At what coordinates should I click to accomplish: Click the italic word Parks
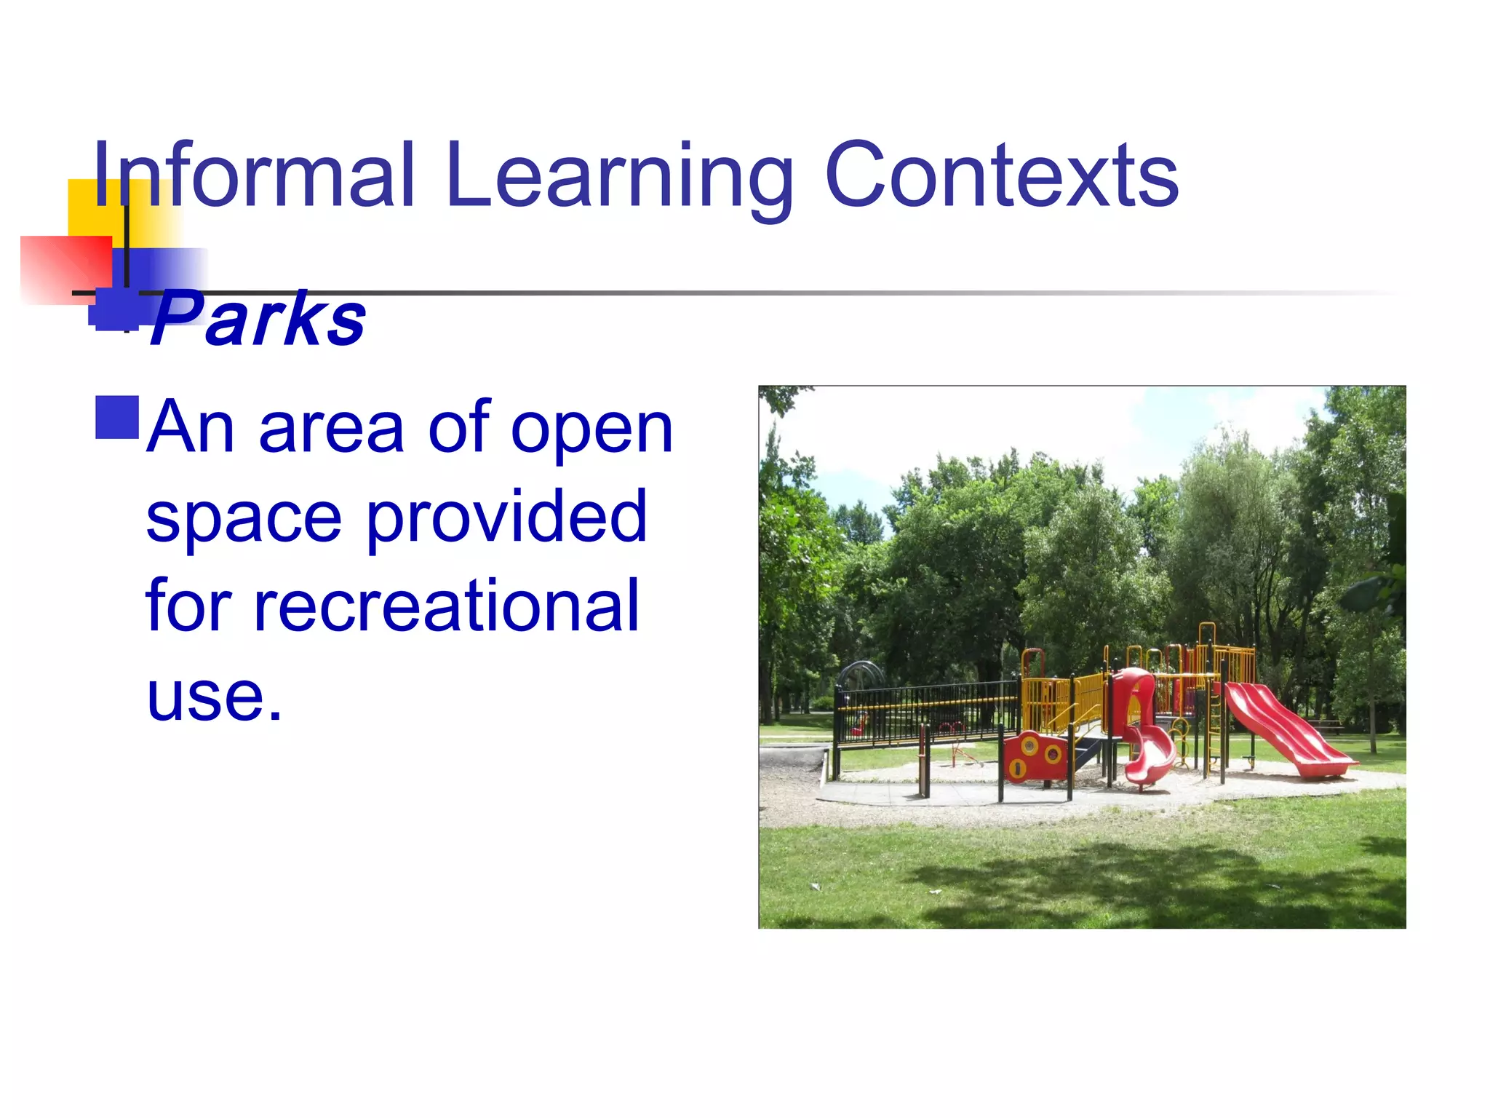pyautogui.click(x=258, y=319)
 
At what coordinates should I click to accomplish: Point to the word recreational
pyautogui.click(x=393, y=606)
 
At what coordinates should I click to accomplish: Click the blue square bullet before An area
pyautogui.click(x=117, y=418)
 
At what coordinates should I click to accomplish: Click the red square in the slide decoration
pyautogui.click(x=65, y=269)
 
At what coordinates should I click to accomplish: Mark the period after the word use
pyautogui.click(x=275, y=718)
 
